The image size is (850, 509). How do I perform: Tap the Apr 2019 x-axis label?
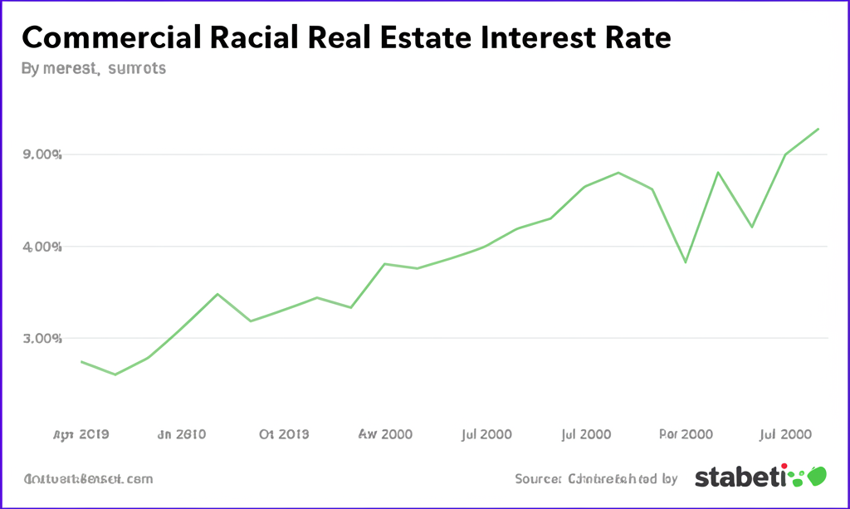(x=81, y=434)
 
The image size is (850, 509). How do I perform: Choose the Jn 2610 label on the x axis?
(x=181, y=434)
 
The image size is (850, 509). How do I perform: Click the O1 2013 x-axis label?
(x=284, y=434)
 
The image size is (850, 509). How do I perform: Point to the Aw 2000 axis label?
(x=385, y=434)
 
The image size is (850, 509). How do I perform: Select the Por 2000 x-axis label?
(x=686, y=434)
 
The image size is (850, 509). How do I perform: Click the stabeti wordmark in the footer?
(x=739, y=477)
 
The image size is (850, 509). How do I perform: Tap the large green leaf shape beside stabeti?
(x=817, y=476)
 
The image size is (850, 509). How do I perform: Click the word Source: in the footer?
(x=539, y=479)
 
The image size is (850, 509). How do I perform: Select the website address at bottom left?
(x=88, y=479)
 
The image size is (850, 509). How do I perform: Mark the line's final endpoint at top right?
(x=819, y=129)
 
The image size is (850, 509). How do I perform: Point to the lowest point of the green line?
(x=115, y=374)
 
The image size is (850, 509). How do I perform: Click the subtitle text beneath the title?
(x=93, y=69)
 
